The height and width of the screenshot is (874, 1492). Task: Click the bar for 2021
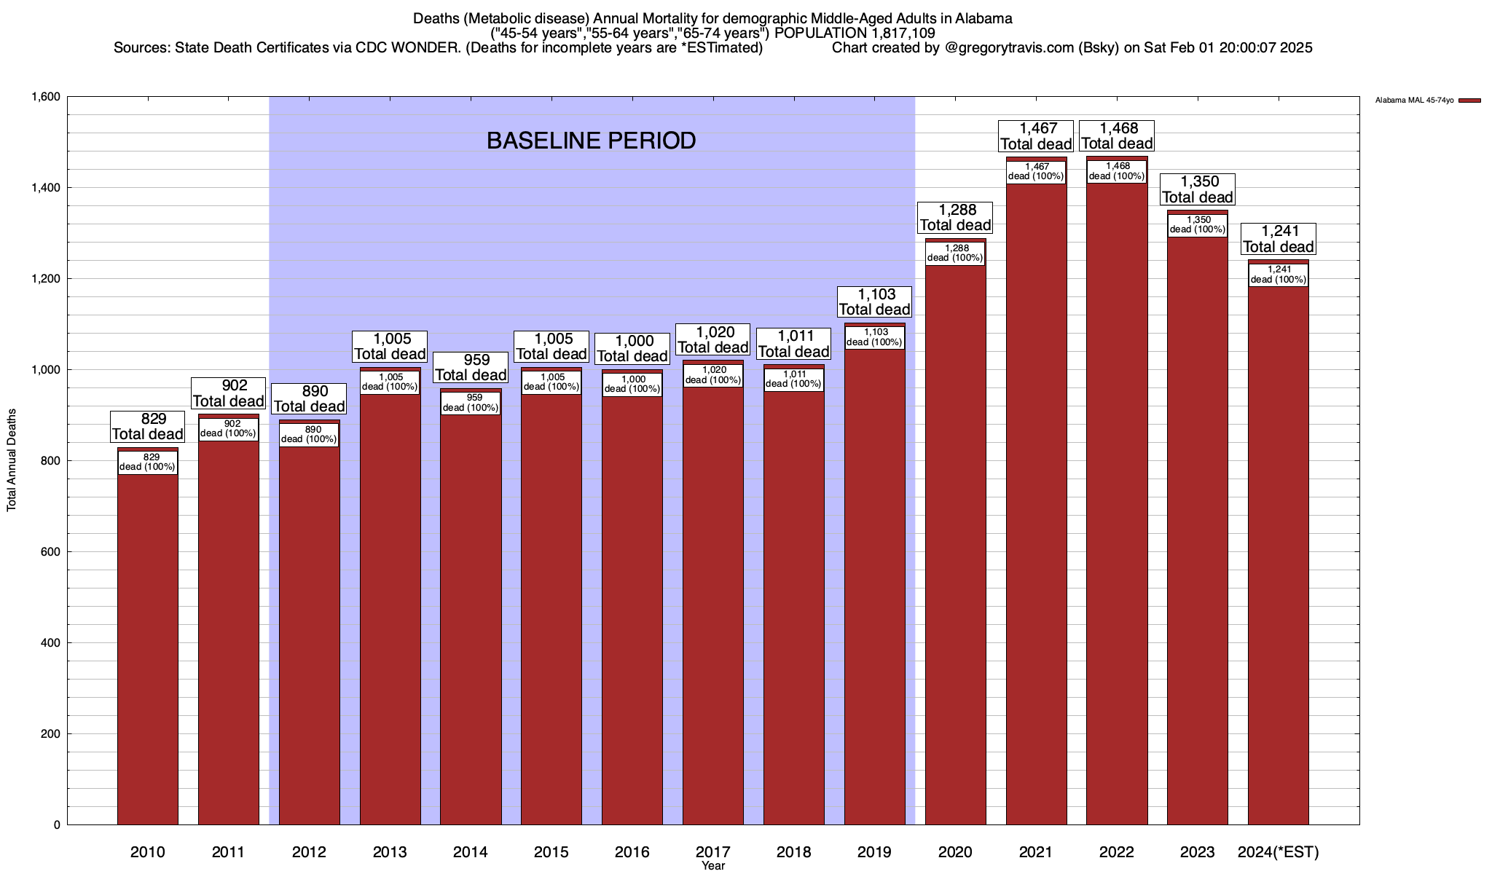[1036, 510]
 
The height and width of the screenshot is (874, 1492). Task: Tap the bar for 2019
[874, 583]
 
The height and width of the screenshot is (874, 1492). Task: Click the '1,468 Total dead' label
[1117, 136]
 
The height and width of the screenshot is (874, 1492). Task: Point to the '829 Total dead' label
[147, 427]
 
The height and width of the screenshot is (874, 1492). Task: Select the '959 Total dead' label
[471, 368]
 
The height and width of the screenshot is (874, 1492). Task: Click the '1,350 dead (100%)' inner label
[1198, 224]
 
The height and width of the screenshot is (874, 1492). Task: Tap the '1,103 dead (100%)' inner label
[874, 337]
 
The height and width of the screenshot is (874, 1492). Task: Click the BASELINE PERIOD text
[591, 141]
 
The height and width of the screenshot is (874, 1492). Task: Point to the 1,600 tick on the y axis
[45, 97]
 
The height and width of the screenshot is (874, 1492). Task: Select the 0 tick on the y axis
[56, 825]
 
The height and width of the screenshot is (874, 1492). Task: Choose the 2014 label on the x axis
[471, 851]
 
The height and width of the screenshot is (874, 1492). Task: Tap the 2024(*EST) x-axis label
[1278, 851]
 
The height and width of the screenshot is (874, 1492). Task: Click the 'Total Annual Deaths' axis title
[12, 460]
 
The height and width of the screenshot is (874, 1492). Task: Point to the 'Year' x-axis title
[713, 866]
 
